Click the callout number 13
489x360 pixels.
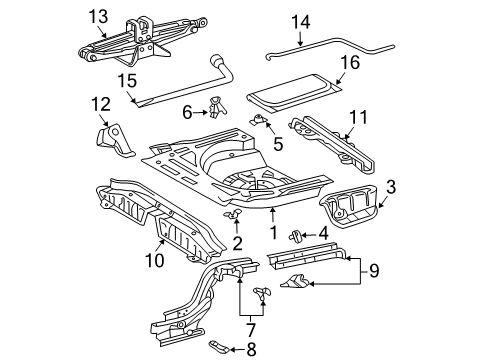[98, 16]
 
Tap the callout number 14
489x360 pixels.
[301, 22]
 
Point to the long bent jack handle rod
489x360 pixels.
[330, 48]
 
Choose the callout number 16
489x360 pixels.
[350, 63]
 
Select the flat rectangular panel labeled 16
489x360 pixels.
[295, 93]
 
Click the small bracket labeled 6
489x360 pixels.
[217, 107]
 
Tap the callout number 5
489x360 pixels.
[278, 144]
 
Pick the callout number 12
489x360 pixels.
[101, 104]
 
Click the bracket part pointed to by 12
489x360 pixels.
[113, 140]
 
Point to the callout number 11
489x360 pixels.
[358, 117]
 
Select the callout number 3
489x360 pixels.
[391, 187]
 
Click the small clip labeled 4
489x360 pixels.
[295, 235]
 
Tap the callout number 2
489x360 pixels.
[237, 244]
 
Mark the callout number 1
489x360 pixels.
[274, 232]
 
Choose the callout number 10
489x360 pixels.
[155, 260]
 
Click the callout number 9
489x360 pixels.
[374, 270]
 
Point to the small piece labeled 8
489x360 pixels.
[219, 347]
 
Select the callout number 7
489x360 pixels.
[251, 330]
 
